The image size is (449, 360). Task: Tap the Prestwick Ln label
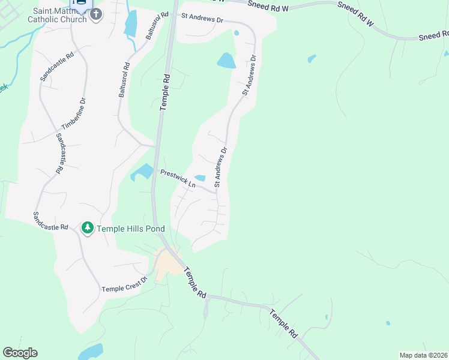tap(178, 178)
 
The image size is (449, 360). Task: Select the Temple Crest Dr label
tap(124, 289)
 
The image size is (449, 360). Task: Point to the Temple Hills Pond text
tap(131, 229)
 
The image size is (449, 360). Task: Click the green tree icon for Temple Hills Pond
tap(88, 228)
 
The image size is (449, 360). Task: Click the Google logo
tap(20, 353)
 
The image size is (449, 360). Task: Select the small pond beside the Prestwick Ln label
tap(200, 178)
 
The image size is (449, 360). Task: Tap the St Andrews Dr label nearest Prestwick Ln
tap(221, 167)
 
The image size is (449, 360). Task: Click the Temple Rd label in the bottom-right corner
tap(283, 323)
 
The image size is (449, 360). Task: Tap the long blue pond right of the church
tap(130, 24)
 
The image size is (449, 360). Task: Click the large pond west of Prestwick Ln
tap(143, 172)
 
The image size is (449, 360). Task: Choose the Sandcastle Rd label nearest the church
tap(56, 66)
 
